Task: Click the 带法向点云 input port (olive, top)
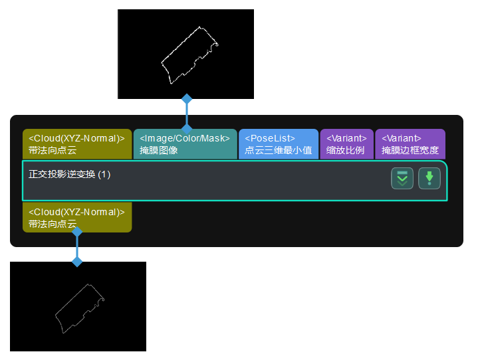pyautogui.click(x=77, y=144)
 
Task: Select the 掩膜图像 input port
pyautogui.click(x=185, y=144)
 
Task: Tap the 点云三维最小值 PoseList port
pyautogui.click(x=278, y=144)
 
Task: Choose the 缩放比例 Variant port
pyautogui.click(x=346, y=144)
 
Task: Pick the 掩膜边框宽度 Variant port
pyautogui.click(x=410, y=144)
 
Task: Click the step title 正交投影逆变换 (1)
pyautogui.click(x=70, y=175)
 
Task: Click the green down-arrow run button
pyautogui.click(x=429, y=178)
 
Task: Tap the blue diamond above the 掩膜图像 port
pyautogui.click(x=187, y=127)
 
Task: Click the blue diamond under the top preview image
pyautogui.click(x=187, y=99)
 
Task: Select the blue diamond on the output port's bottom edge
pyautogui.click(x=77, y=232)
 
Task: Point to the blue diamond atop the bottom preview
pyautogui.click(x=77, y=262)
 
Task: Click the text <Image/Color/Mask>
pyautogui.click(x=185, y=138)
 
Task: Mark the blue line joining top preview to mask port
pyautogui.click(x=187, y=113)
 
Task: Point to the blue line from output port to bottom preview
pyautogui.click(x=77, y=247)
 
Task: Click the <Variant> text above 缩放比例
pyautogui.click(x=346, y=138)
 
